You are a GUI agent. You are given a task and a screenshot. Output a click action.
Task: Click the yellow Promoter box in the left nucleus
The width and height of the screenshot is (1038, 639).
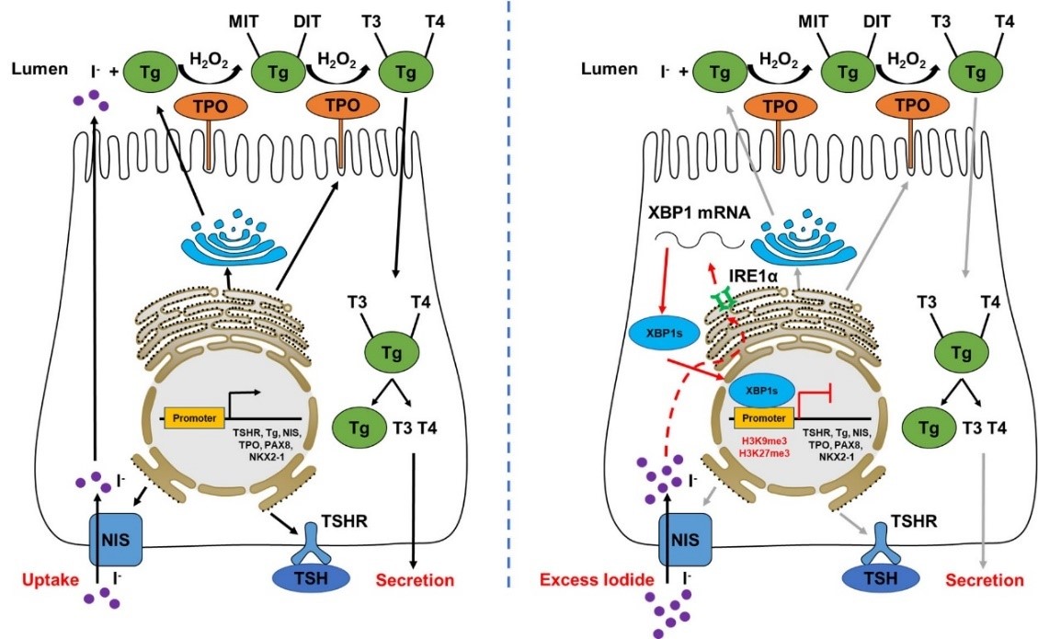[x=193, y=418]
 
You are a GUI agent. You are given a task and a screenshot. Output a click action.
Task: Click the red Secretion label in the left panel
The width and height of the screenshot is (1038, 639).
[x=416, y=579]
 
